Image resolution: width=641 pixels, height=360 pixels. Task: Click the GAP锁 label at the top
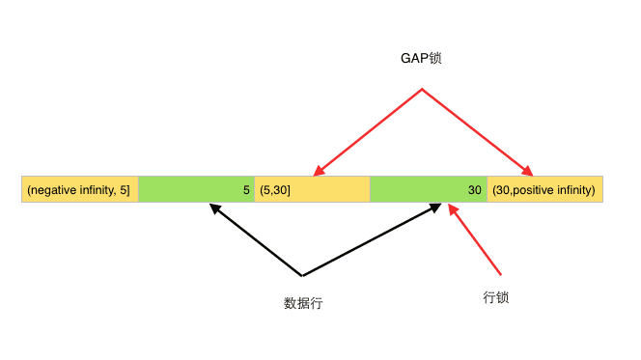coord(420,59)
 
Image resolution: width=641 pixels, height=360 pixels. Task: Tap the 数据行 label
coord(303,302)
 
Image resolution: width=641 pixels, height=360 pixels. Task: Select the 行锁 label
coord(495,297)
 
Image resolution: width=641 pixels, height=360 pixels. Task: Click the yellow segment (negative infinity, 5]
coord(80,190)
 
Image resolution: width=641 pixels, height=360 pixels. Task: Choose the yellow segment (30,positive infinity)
coord(544,190)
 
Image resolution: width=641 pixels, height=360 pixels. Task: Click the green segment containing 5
coord(196,190)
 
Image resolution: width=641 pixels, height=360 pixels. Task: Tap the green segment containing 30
coord(428,190)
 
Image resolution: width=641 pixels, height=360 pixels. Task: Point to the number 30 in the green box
coord(474,190)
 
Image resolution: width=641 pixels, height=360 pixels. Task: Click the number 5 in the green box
coord(246,190)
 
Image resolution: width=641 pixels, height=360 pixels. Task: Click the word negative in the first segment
coord(52,190)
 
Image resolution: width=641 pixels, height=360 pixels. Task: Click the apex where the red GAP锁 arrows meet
coord(422,90)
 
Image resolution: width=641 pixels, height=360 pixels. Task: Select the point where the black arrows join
coord(302,276)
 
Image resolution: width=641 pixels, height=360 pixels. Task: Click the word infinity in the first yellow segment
coord(97,190)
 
